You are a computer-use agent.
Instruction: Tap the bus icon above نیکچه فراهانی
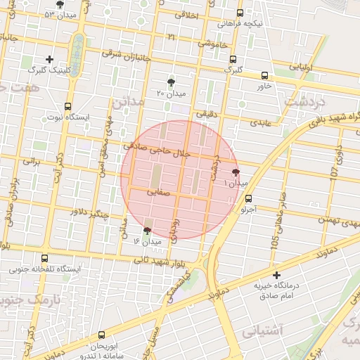(240, 13)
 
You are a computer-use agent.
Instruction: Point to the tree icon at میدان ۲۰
(171, 82)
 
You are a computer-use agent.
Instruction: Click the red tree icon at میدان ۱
(236, 172)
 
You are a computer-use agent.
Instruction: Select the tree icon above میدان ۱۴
(148, 231)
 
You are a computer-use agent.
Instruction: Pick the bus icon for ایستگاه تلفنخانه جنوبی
(46, 258)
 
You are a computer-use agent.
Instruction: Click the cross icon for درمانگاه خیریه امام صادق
(276, 275)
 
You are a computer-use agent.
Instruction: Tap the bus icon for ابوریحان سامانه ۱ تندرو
(102, 335)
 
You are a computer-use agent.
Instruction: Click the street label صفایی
(160, 191)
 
